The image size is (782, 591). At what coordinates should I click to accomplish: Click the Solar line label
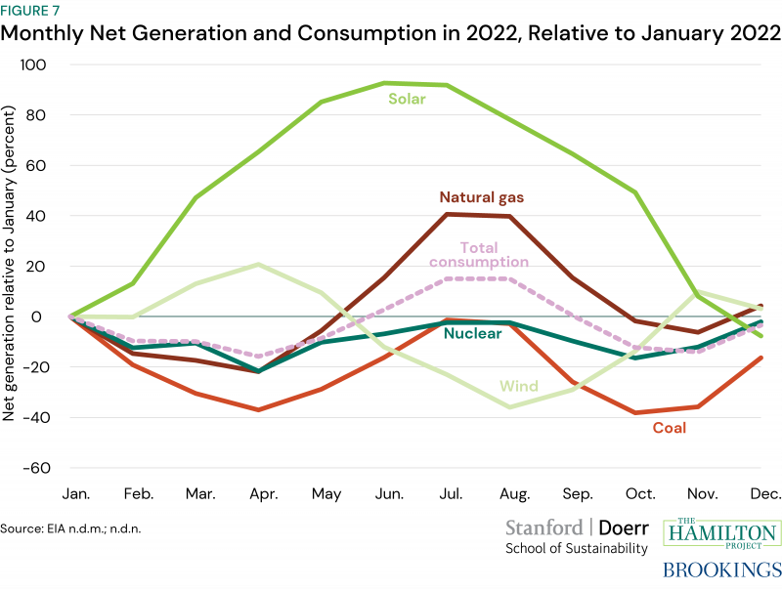(407, 99)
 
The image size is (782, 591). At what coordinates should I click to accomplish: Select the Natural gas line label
(481, 197)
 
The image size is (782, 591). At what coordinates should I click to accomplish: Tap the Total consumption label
(478, 254)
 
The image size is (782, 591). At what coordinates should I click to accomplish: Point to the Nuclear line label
(472, 334)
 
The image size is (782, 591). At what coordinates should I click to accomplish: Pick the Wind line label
(520, 386)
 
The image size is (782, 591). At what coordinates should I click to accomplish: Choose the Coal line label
(670, 428)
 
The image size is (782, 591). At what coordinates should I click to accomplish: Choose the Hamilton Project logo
(722, 533)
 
